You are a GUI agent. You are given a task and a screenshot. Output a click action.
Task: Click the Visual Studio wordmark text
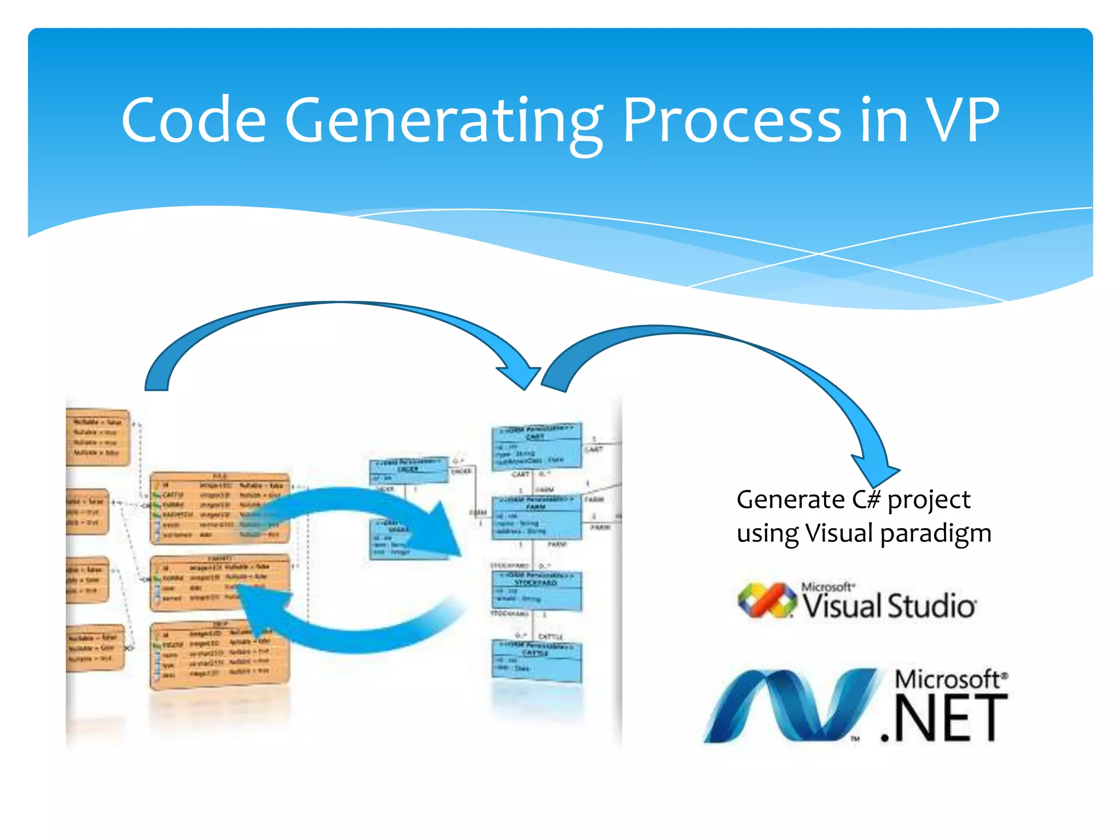(889, 606)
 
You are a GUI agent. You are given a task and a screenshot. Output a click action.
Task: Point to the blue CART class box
(536, 446)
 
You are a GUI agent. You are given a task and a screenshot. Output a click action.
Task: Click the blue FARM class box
(536, 517)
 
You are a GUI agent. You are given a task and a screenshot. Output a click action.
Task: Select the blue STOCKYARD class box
(536, 591)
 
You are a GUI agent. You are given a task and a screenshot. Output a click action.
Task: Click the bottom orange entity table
(219, 654)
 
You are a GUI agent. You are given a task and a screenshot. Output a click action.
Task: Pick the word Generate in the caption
(790, 499)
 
